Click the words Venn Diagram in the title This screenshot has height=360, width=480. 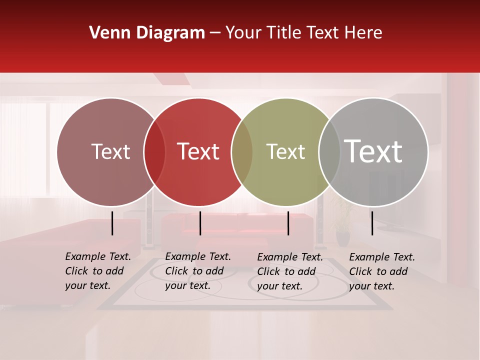click(147, 33)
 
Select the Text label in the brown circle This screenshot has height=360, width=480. click(110, 151)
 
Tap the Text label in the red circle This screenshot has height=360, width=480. click(198, 151)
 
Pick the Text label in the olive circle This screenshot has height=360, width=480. click(285, 151)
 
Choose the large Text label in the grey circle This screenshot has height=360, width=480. click(373, 151)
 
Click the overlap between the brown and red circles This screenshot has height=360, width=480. click(154, 152)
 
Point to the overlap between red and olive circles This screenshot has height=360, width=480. click(242, 152)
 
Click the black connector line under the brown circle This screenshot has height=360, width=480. click(112, 223)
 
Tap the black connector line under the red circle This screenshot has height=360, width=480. click(200, 223)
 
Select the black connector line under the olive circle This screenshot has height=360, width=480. click(288, 223)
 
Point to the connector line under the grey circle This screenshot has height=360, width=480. click(372, 223)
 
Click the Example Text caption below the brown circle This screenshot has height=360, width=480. click(97, 271)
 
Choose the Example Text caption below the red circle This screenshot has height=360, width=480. click(197, 271)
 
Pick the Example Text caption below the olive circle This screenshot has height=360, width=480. click(289, 271)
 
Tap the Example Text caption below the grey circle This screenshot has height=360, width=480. click(381, 271)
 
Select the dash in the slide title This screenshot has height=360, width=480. click(215, 33)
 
